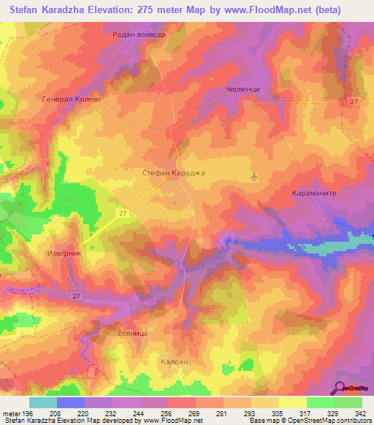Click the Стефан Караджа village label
(x=173, y=173)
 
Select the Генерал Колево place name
(x=71, y=99)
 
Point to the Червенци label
(x=240, y=89)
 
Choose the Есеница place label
(x=133, y=333)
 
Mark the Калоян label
(x=175, y=361)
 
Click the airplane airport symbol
(x=254, y=176)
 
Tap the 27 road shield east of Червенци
(x=354, y=102)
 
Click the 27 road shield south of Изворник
(x=76, y=296)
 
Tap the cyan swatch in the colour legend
(x=42, y=402)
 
